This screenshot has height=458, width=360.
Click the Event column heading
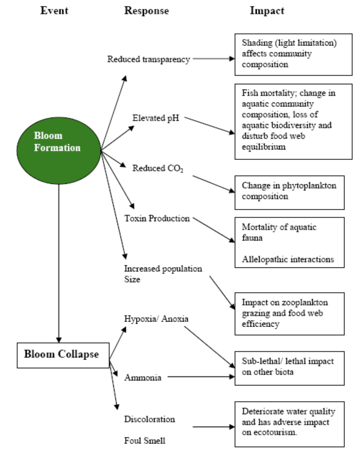click(55, 11)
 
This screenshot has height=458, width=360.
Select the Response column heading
click(147, 11)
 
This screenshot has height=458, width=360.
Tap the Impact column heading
click(267, 11)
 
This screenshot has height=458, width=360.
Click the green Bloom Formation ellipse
click(59, 150)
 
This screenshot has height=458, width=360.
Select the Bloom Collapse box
click(63, 355)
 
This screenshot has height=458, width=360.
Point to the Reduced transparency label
click(149, 60)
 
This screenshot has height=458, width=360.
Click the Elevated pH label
click(156, 118)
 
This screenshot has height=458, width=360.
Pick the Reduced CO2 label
click(158, 168)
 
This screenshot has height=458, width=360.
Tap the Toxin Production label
click(157, 218)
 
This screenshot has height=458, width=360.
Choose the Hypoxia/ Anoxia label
click(156, 319)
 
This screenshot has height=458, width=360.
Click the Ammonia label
click(143, 378)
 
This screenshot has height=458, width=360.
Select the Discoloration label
click(150, 419)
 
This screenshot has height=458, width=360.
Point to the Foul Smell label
click(145, 440)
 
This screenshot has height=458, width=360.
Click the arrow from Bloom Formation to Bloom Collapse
click(59, 264)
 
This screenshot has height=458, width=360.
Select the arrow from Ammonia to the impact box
click(201, 377)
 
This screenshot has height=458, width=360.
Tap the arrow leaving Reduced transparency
click(213, 59)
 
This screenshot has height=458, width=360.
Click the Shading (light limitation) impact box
click(293, 55)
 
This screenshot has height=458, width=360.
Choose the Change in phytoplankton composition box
click(289, 193)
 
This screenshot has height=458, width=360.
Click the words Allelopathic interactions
click(288, 259)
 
